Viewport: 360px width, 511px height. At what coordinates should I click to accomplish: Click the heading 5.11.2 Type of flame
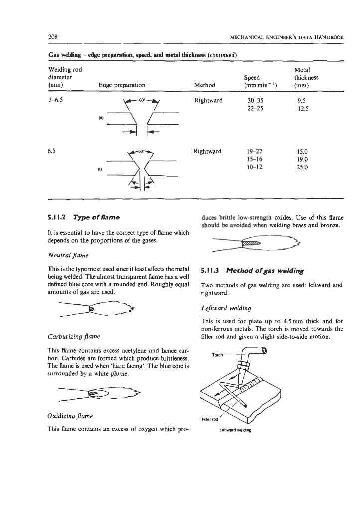point(82,218)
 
